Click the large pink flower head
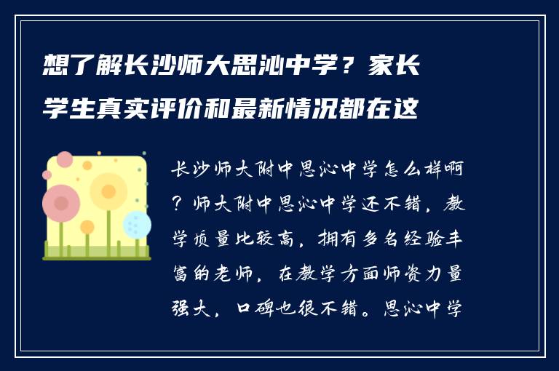click(x=61, y=202)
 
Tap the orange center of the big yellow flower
click(x=108, y=191)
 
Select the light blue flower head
click(x=136, y=224)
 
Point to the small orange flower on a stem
click(x=87, y=228)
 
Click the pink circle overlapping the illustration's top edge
click(x=65, y=159)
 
